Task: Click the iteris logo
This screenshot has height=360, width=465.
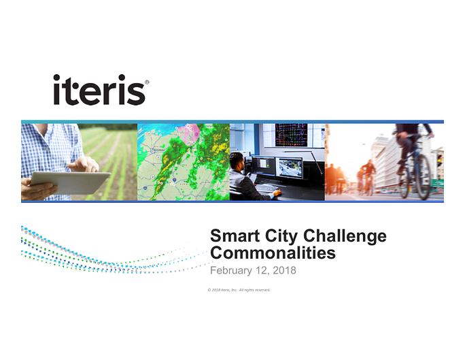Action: [x=101, y=90]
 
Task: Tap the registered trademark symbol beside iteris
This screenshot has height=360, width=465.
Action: [x=147, y=82]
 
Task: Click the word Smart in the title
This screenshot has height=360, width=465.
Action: [x=235, y=236]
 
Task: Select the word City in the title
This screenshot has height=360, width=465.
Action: [x=281, y=237]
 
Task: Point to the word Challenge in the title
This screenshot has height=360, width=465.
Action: [x=345, y=237]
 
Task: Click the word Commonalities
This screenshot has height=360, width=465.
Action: [x=273, y=253]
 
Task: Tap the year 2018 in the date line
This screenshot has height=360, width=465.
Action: [x=284, y=270]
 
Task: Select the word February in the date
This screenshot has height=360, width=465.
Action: [x=231, y=271]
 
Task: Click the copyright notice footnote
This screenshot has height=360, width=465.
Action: [x=239, y=290]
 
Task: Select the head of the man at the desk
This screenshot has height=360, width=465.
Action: [x=237, y=162]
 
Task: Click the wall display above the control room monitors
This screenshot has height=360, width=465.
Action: [x=291, y=135]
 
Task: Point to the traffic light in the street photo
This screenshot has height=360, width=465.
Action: [x=439, y=161]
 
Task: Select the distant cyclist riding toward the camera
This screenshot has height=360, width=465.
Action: [x=368, y=176]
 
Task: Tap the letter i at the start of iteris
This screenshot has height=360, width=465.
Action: [x=57, y=90]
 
